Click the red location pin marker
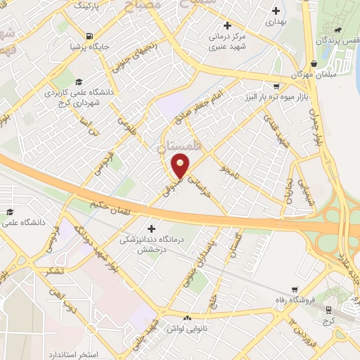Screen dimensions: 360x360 point(181,166)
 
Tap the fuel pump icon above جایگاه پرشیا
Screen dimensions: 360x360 point(88,36)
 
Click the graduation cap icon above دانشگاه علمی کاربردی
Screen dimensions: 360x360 point(79,82)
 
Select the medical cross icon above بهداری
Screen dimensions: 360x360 point(275,11)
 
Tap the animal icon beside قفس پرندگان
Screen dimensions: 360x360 point(340,30)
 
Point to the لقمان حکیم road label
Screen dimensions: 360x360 point(107,207)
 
